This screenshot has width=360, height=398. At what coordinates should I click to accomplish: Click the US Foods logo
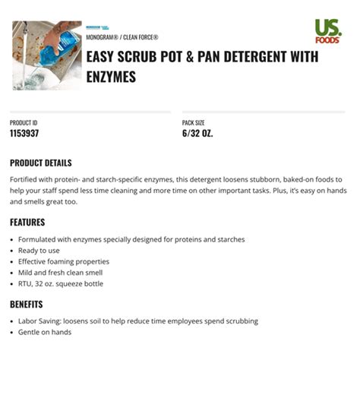(328, 32)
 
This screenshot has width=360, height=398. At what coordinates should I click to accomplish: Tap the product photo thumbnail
(47, 55)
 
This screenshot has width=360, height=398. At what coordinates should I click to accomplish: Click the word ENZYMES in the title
(111, 77)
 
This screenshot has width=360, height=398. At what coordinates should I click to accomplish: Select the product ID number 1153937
(24, 133)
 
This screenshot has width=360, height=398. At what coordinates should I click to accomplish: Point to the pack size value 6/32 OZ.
(197, 133)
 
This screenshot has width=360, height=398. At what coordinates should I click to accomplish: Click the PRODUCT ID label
(24, 122)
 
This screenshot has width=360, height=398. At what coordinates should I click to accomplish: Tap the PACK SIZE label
(193, 122)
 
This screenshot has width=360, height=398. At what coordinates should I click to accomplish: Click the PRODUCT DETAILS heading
(41, 163)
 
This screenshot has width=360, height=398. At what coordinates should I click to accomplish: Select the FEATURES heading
(27, 223)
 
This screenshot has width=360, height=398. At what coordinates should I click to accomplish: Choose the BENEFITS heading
(27, 304)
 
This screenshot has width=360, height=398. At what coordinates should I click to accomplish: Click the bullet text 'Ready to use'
(39, 251)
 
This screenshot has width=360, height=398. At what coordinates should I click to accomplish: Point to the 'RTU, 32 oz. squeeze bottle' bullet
(61, 283)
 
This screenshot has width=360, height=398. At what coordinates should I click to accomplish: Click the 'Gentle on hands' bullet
(45, 332)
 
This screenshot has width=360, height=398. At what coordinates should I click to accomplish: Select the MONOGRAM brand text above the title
(100, 36)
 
